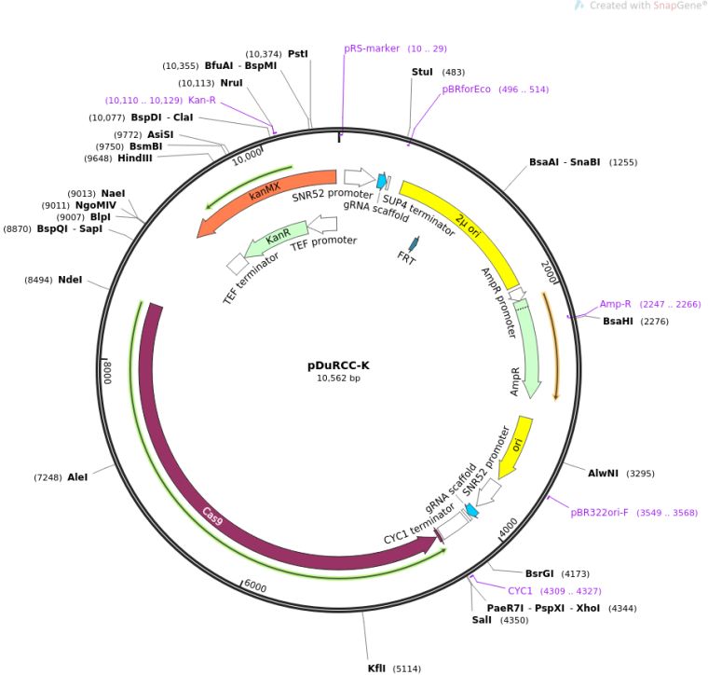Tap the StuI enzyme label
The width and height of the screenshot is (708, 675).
point(423,72)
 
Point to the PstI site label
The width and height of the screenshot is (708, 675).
point(298,54)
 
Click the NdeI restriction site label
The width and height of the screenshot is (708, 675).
point(70,280)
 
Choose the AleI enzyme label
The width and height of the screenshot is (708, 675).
point(77,477)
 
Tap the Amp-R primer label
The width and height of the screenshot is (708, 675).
point(616,304)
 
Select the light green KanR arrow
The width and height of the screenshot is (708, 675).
point(275,241)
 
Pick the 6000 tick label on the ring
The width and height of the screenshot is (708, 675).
point(255,587)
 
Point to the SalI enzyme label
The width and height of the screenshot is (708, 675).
point(482,620)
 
